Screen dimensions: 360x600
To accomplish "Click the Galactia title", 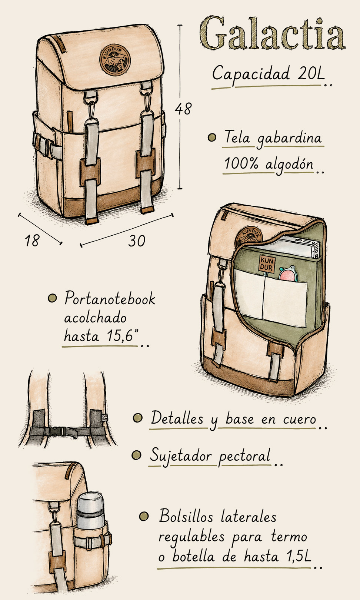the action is coord(272,33).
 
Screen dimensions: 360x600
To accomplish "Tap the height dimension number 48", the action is coord(183,109).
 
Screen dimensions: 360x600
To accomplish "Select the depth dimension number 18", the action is coord(32,240).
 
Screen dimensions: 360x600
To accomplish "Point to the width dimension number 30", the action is coord(137,241).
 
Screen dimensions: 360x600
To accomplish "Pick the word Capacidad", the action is coord(251,73).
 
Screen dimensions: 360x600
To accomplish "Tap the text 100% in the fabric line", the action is coord(241,163).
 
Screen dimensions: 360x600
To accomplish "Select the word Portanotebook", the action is coord(110,298).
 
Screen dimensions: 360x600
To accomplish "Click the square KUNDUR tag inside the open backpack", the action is coord(267,264).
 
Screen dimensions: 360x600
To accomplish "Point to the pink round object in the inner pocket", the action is coord(288,274).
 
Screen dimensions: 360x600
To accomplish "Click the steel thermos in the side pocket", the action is coord(90,511).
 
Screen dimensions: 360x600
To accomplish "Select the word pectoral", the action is coord(244,455).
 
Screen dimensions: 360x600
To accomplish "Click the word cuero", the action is coord(300,419).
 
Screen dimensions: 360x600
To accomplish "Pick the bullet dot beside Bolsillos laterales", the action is coord(144,516).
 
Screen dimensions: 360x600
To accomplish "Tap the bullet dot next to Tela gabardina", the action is coord(212,137).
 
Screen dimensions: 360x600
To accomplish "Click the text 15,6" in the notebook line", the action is coord(123,335).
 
